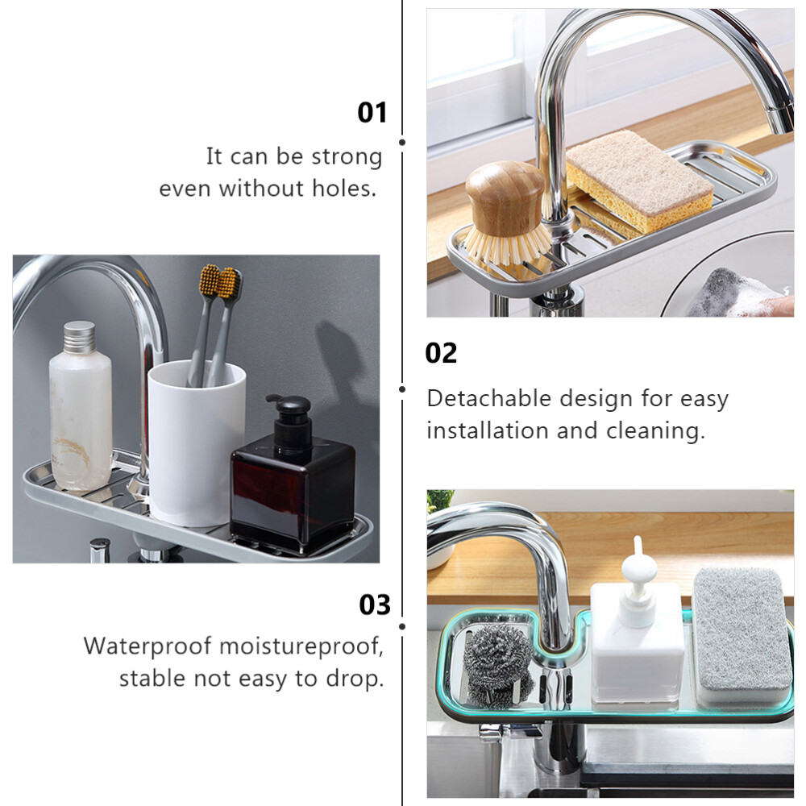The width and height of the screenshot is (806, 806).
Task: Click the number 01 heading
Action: point(372,113)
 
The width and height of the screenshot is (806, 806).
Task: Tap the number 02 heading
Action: point(441,353)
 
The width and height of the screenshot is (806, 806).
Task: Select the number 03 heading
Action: point(375,604)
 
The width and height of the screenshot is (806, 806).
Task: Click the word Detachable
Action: point(489,398)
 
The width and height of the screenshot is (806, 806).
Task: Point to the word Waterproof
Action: point(148,646)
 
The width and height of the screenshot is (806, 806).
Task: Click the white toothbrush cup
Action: point(197,442)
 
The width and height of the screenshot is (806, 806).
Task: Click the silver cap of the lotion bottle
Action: point(80,337)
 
